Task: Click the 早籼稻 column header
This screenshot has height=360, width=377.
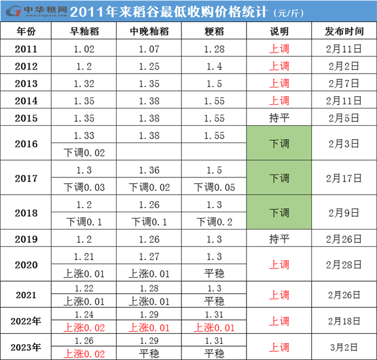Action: coord(84,31)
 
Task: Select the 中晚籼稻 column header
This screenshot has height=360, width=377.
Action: coord(149,31)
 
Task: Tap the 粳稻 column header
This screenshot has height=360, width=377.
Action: coord(214,31)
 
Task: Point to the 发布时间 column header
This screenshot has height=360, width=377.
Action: coord(344,31)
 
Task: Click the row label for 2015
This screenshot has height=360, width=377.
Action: coord(27,118)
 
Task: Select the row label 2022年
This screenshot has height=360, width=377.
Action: coord(27,321)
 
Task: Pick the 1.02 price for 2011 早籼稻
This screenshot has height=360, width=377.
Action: coord(84,49)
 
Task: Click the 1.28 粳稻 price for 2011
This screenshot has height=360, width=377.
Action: coord(214,49)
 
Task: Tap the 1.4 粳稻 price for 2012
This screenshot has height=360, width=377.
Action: coord(214,67)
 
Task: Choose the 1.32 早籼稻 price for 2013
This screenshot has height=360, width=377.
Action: coord(84,83)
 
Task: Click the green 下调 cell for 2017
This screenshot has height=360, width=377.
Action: coord(279,178)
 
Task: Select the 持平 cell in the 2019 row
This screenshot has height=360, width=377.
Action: coord(279,238)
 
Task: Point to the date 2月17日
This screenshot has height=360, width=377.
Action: coord(344,178)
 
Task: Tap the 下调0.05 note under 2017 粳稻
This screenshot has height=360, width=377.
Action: coord(214,187)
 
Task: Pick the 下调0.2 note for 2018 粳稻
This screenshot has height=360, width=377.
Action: coord(214,222)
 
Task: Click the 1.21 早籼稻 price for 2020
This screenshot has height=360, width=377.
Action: coord(84,256)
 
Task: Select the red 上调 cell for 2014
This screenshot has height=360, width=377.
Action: coord(279,101)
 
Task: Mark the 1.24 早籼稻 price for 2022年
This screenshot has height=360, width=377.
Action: coord(84,314)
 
